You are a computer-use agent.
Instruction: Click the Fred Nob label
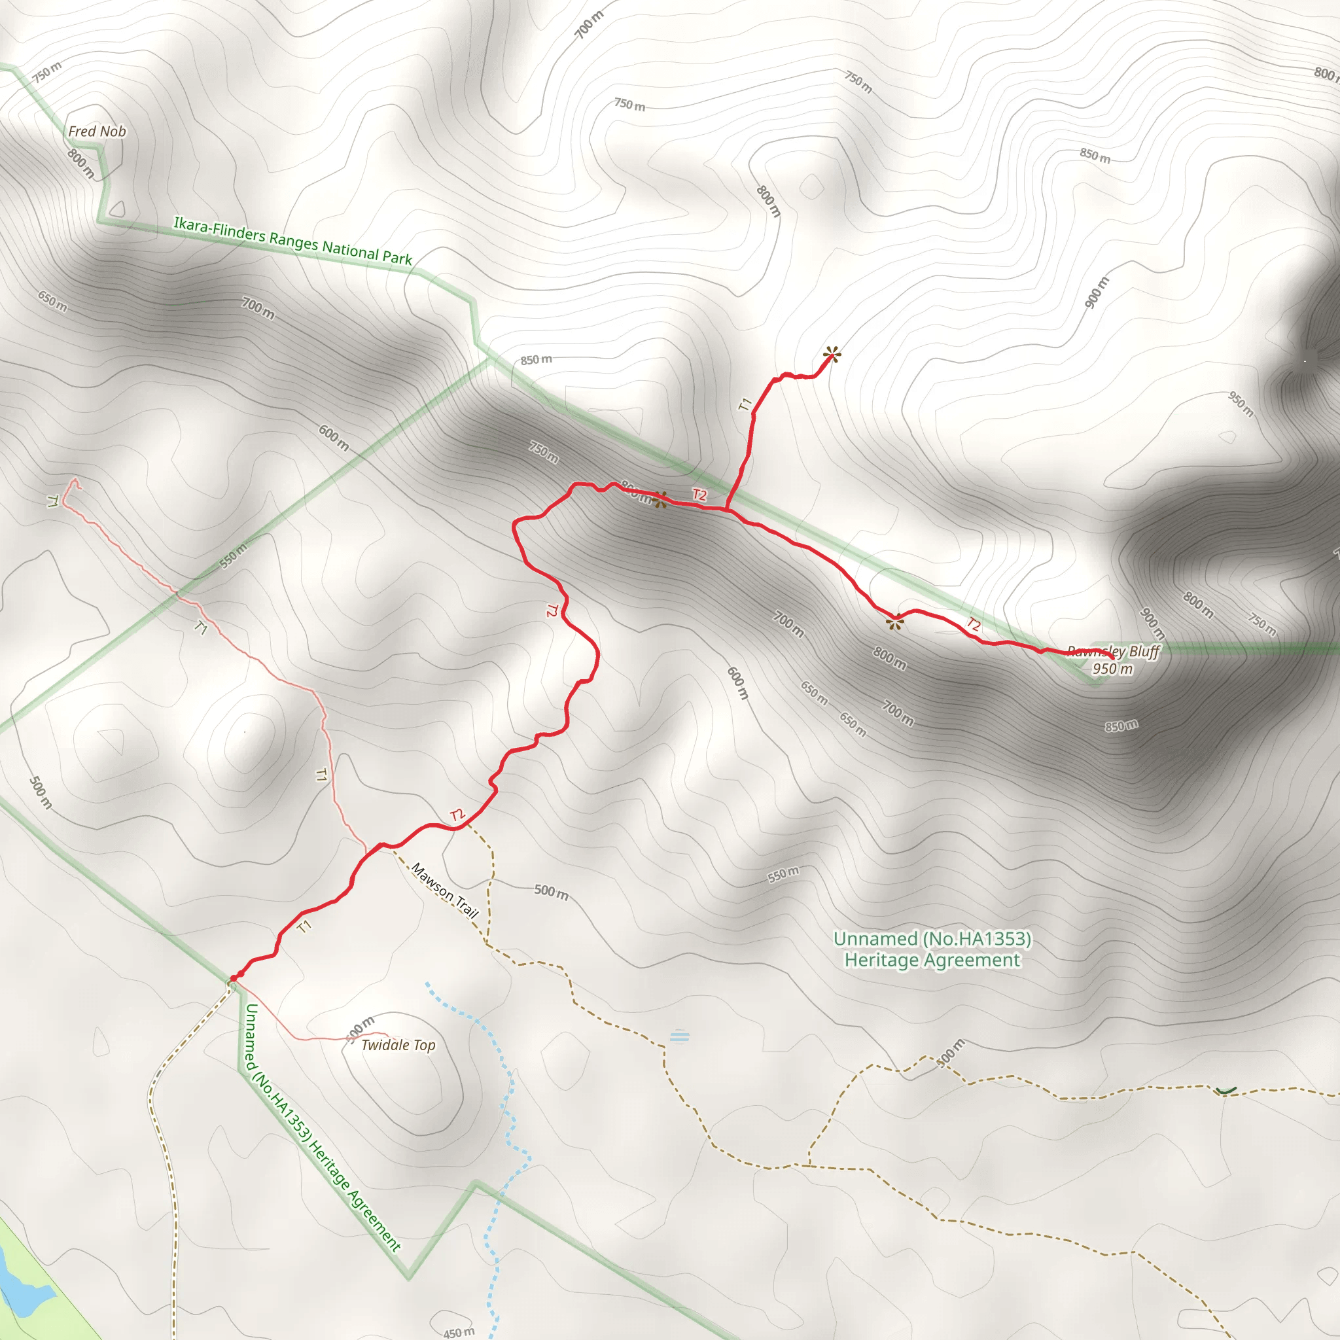(97, 131)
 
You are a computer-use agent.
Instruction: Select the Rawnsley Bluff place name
(1114, 651)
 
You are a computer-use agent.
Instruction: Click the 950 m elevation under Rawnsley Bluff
(1112, 669)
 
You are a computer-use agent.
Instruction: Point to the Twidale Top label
(398, 1045)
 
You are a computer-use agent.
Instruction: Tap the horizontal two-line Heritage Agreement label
(932, 949)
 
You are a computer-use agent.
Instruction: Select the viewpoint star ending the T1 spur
(832, 355)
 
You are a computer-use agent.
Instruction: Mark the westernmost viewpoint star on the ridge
(660, 499)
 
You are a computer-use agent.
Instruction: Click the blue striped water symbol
(680, 1038)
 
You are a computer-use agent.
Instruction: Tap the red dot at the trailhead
(234, 978)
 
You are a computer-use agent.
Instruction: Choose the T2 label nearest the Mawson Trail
(457, 815)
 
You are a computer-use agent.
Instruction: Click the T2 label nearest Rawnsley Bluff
(974, 624)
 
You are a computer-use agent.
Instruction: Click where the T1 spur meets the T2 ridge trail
(727, 510)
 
